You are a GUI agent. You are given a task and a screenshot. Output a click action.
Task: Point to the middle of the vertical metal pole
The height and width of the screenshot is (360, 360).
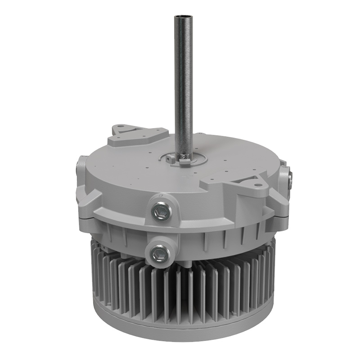click(183, 85)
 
